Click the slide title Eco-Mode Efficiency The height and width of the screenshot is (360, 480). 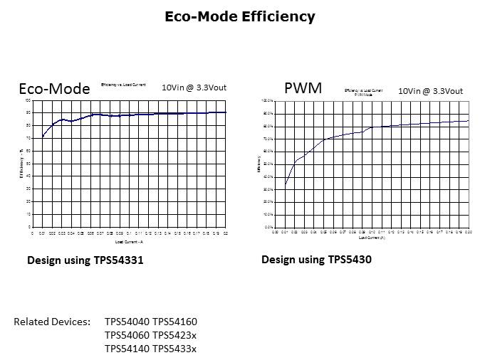tap(239, 16)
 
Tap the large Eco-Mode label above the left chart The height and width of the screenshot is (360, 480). tap(54, 89)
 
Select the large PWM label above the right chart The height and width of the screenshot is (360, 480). tap(303, 88)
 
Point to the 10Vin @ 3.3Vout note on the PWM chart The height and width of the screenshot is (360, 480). tap(430, 91)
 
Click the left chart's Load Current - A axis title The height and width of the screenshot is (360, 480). tap(130, 242)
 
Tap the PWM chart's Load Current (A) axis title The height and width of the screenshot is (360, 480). tap(372, 238)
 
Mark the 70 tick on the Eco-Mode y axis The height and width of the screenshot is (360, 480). tap(28, 138)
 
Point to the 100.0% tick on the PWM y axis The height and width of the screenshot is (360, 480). tap(268, 101)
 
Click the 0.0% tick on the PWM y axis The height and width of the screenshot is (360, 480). tap(270, 227)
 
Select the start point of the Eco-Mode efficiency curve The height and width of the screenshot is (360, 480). tap(43, 136)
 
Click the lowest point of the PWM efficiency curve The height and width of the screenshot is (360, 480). tap(286, 184)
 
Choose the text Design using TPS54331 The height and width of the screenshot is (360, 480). tap(85, 260)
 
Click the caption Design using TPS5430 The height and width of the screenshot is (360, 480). tap(316, 260)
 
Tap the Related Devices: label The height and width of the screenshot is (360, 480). tap(52, 322)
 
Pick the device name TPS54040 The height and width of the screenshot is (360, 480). tap(127, 322)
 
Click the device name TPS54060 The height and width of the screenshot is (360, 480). tap(127, 335)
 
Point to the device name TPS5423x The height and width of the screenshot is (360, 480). tap(174, 335)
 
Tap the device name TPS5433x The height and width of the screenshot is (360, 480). tap(174, 349)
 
